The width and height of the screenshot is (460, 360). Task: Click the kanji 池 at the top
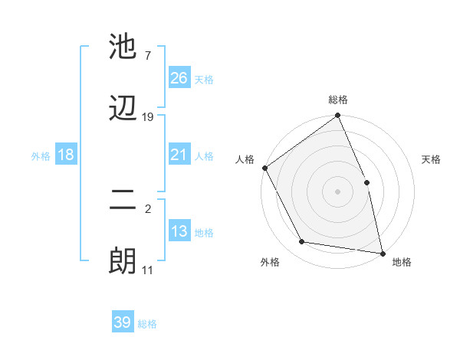coord(123,47)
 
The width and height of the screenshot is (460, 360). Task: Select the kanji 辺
coord(123,108)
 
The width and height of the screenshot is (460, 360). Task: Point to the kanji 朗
coord(123,261)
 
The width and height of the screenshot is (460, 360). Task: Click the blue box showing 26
coord(179,78)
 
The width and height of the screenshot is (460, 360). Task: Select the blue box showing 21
coord(179,155)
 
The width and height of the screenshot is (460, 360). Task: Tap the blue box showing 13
coord(179,231)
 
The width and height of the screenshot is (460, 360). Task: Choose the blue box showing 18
coord(66,155)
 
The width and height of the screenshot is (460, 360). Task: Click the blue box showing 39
coord(123,322)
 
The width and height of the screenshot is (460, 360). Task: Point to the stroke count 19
coord(148,117)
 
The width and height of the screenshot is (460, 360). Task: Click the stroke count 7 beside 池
coord(148,56)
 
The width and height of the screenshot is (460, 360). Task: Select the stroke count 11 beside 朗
coord(148,270)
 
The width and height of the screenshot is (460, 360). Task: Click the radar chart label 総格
coord(338,100)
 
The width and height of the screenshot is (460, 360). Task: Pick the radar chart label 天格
coord(432,159)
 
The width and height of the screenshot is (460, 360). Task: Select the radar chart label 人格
coord(245,159)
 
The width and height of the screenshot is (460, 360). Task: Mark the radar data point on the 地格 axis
coord(383,253)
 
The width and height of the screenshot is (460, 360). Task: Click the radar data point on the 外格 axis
coord(302,242)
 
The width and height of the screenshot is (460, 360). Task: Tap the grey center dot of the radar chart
coord(338,191)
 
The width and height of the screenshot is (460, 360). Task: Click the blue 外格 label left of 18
coord(41,156)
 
